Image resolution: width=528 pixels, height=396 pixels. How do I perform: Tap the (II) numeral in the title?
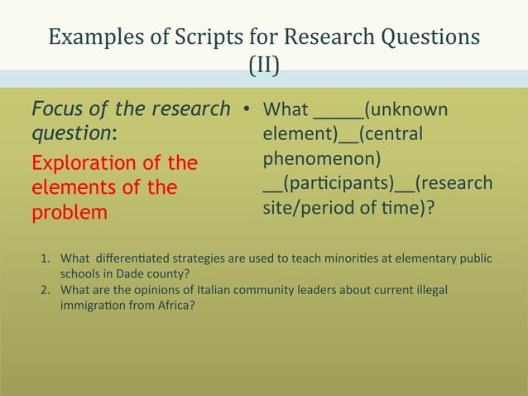(x=264, y=64)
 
